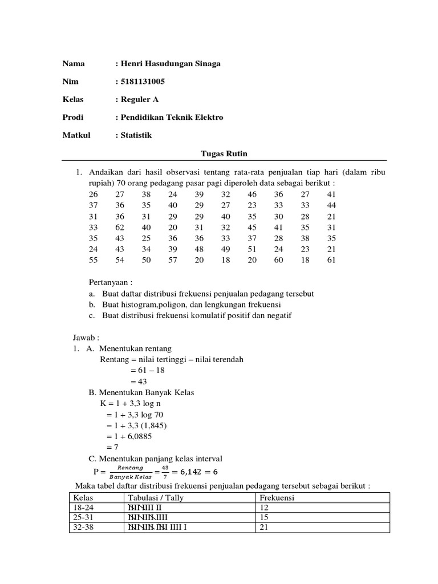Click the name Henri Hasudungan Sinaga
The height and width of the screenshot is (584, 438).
[171, 63]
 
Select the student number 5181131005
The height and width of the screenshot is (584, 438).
[143, 81]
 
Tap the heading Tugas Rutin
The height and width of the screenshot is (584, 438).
[224, 153]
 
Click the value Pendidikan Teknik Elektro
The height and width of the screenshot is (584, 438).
[172, 117]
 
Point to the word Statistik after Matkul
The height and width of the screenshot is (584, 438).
[137, 135]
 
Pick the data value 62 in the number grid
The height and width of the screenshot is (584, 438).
[120, 227]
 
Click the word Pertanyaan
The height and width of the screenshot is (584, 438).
[111, 282]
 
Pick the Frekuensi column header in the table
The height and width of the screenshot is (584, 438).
[277, 497]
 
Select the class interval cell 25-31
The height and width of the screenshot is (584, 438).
[79, 517]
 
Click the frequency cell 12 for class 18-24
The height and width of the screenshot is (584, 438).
[264, 508]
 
